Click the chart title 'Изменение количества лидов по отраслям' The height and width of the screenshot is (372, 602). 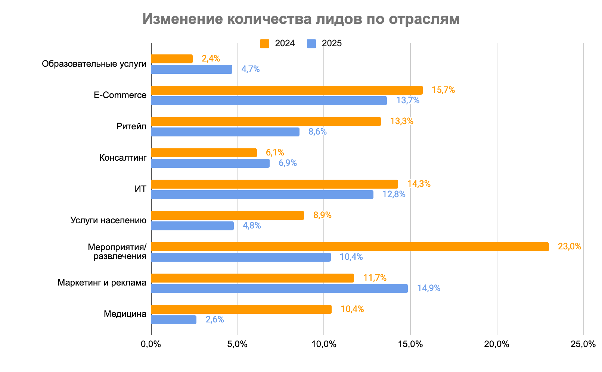click(301, 19)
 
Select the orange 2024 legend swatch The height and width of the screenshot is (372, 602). click(265, 44)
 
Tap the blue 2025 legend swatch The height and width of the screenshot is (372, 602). click(311, 44)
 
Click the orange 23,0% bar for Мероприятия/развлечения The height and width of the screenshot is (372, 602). click(350, 247)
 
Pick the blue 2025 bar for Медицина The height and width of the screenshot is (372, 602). click(174, 320)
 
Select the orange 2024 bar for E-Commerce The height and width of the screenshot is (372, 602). click(287, 90)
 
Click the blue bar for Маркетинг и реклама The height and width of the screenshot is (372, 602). click(279, 289)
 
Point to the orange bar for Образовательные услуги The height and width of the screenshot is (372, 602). click(172, 59)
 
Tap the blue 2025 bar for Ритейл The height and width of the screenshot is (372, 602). click(225, 132)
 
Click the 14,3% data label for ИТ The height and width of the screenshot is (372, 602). click(419, 184)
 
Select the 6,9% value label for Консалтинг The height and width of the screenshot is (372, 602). click(288, 163)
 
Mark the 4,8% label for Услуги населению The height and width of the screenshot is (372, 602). click(252, 226)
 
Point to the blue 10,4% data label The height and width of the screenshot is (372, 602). click(351, 257)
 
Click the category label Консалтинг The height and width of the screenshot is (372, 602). click(123, 158)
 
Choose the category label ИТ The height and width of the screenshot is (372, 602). click(140, 189)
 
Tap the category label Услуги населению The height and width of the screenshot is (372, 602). click(108, 220)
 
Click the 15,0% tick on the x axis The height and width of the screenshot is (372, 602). click(410, 344)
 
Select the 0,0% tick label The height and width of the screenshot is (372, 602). click(151, 344)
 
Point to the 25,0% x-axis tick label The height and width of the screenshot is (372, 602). click(583, 344)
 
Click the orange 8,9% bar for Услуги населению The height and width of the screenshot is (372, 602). click(227, 215)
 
